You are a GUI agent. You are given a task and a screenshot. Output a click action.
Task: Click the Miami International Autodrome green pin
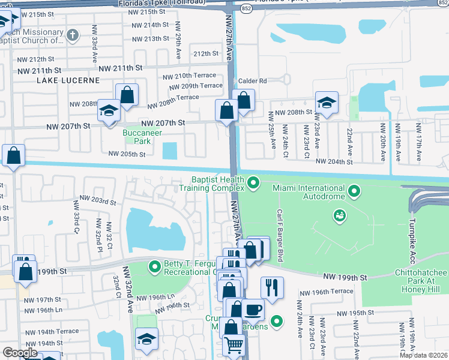(355, 192)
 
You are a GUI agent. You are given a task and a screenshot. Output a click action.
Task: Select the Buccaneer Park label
(136, 137)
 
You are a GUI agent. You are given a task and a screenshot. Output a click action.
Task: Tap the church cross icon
(73, 34)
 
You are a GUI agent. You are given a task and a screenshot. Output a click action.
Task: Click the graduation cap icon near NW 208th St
(327, 103)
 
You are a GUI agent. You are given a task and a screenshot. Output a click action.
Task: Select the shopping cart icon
(234, 344)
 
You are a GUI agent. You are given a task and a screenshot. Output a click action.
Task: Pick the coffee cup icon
(253, 310)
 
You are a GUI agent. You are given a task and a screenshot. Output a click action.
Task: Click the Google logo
(20, 353)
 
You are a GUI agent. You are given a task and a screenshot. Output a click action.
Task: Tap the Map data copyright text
(423, 355)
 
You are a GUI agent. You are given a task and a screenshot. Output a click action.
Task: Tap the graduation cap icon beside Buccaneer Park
(110, 111)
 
